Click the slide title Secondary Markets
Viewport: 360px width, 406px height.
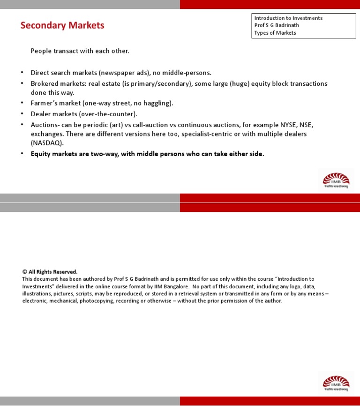pyautogui.click(x=62, y=25)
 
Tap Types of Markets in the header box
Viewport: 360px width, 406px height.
pyautogui.click(x=275, y=33)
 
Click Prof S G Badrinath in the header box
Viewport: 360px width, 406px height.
pyautogui.click(x=277, y=25)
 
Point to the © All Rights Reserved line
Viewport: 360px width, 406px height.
pyautogui.click(x=50, y=272)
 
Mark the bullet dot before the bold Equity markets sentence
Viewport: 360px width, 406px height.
pyautogui.click(x=22, y=154)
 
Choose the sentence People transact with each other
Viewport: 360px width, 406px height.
pyautogui.click(x=80, y=51)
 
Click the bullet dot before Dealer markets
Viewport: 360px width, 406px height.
pyautogui.click(x=22, y=114)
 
